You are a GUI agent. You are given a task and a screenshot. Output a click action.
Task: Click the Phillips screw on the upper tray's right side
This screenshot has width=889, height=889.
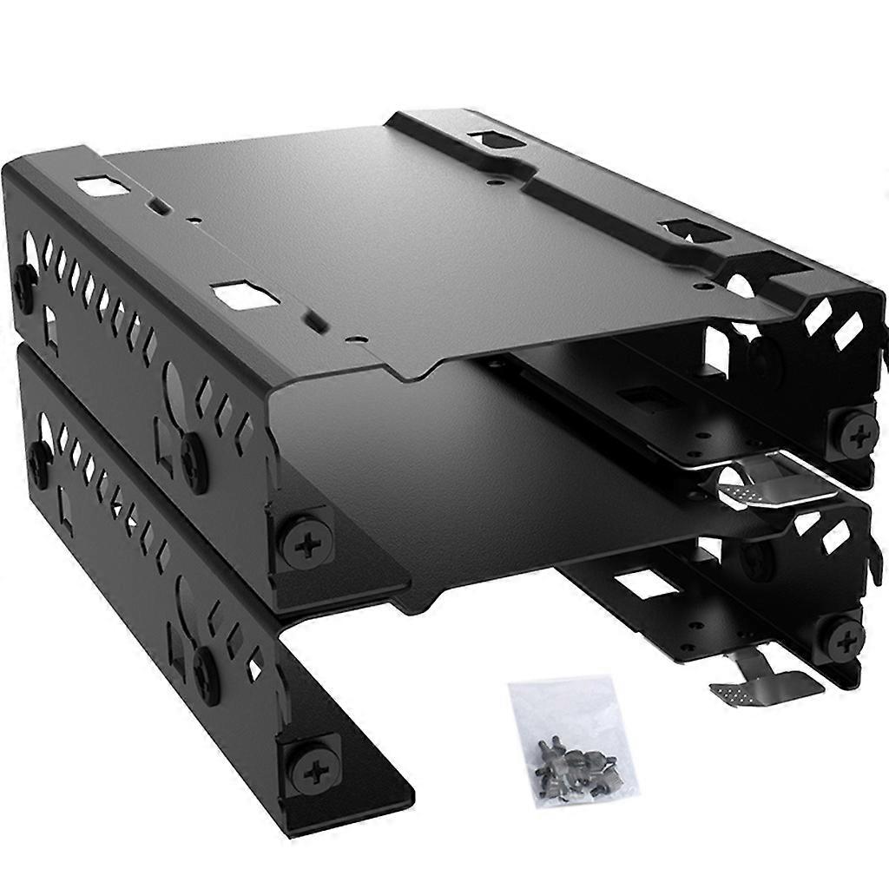tap(856, 431)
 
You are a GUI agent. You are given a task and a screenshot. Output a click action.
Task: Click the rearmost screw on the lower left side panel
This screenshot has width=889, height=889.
tap(37, 458)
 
